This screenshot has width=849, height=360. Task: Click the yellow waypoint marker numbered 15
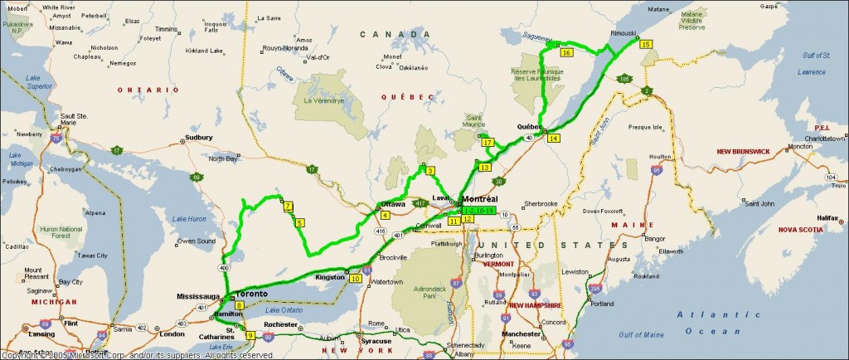[x=646, y=43]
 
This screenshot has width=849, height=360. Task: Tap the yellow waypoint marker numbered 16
[x=566, y=52]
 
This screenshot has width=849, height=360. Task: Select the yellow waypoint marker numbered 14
[x=553, y=138]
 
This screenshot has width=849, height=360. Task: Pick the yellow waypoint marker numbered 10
[x=355, y=279]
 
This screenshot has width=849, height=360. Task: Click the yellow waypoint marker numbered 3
[x=429, y=171]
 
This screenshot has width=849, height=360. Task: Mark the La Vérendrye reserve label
[x=322, y=101]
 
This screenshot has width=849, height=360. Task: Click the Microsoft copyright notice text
[x=138, y=355]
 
